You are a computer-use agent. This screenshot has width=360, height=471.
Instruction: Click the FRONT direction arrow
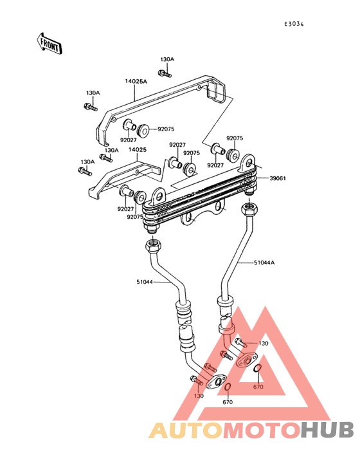pyautogui.click(x=50, y=44)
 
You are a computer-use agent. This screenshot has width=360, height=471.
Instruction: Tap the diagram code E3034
pyautogui.click(x=294, y=24)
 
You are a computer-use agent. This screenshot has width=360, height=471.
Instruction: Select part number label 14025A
pyautogui.click(x=136, y=82)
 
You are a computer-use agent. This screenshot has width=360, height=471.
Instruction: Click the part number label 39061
pyautogui.click(x=278, y=178)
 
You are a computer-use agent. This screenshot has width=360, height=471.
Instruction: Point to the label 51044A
pyautogui.click(x=264, y=263)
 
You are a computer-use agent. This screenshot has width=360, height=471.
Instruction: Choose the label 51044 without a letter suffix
pyautogui.click(x=145, y=282)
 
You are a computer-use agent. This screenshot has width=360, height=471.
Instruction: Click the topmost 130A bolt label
pyautogui.click(x=167, y=59)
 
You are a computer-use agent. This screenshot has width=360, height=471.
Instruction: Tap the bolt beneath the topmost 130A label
pyautogui.click(x=165, y=73)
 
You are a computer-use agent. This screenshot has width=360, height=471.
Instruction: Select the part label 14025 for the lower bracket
pyautogui.click(x=138, y=149)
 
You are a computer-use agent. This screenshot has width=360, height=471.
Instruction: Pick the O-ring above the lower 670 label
pyautogui.click(x=228, y=387)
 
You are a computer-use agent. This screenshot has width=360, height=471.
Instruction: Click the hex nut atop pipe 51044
pyautogui.click(x=154, y=245)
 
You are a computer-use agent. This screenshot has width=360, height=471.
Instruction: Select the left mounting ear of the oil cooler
pyautogui.click(x=158, y=196)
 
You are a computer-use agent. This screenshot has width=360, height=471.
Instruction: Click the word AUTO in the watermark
pyautogui.click(x=186, y=430)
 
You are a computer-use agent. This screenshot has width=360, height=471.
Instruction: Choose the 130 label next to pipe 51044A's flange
pyautogui.click(x=263, y=344)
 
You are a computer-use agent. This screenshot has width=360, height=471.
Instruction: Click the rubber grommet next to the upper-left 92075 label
pyautogui.click(x=143, y=130)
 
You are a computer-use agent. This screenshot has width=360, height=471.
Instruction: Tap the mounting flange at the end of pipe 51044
pyautogui.click(x=216, y=382)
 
